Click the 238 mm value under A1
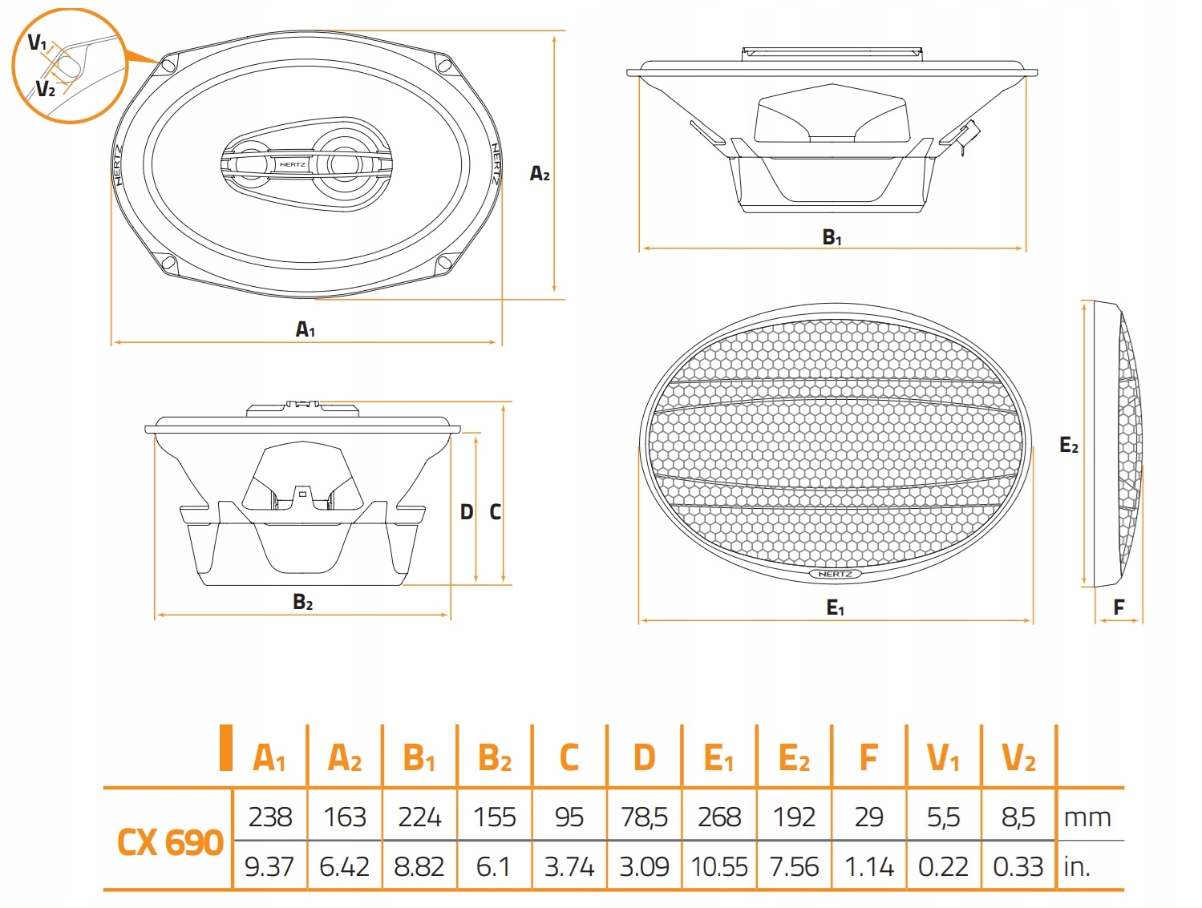pyautogui.click(x=270, y=817)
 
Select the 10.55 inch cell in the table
pyautogui.click(x=719, y=867)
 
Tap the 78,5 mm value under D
pyautogui.click(x=644, y=817)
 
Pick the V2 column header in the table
pyautogui.click(x=1018, y=759)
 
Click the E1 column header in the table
pyautogui.click(x=718, y=759)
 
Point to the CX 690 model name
pyautogui.click(x=170, y=842)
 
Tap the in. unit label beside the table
pyautogui.click(x=1077, y=867)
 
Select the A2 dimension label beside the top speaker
pyautogui.click(x=540, y=174)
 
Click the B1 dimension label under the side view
pyautogui.click(x=832, y=237)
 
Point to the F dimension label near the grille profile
pyautogui.click(x=1119, y=607)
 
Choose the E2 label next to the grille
pyautogui.click(x=1068, y=445)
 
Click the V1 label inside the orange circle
pyautogui.click(x=37, y=42)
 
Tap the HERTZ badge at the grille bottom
pyautogui.click(x=835, y=574)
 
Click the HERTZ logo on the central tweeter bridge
pyautogui.click(x=293, y=164)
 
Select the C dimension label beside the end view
pyautogui.click(x=495, y=512)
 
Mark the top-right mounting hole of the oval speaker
pyautogui.click(x=445, y=66)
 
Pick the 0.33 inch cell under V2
pyautogui.click(x=1018, y=867)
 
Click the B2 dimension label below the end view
pyautogui.click(x=303, y=602)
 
